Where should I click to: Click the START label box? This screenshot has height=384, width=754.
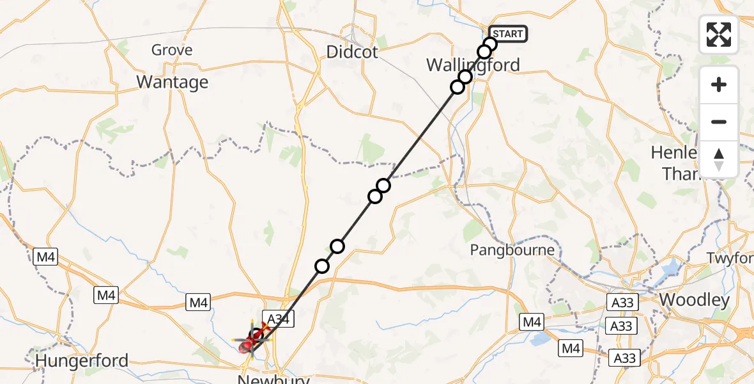pos(508,34)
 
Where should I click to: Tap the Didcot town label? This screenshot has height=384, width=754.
pos(352,51)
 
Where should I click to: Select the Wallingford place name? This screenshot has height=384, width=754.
pos(473,65)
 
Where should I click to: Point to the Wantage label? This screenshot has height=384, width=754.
pos(173,82)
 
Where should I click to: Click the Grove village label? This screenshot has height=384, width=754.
pos(172,50)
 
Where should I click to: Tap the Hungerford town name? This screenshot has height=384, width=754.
pos(82,361)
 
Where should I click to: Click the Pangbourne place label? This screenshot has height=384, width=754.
pos(512,250)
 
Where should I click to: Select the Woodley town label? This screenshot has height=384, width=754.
pos(694,300)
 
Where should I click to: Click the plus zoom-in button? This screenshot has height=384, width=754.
pos(719,84)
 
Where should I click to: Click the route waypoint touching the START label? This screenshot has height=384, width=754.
pos(490,44)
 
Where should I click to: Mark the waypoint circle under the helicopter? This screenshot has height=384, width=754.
pos(256,335)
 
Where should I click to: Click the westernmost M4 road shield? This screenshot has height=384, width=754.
pos(46,258)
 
